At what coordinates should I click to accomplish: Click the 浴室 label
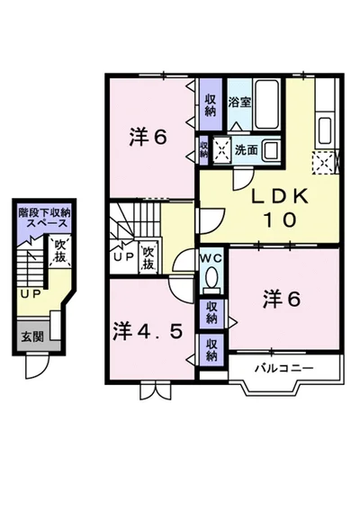[239, 102]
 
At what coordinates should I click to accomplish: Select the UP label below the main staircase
[122, 257]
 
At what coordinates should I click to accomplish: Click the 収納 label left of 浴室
[210, 104]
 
